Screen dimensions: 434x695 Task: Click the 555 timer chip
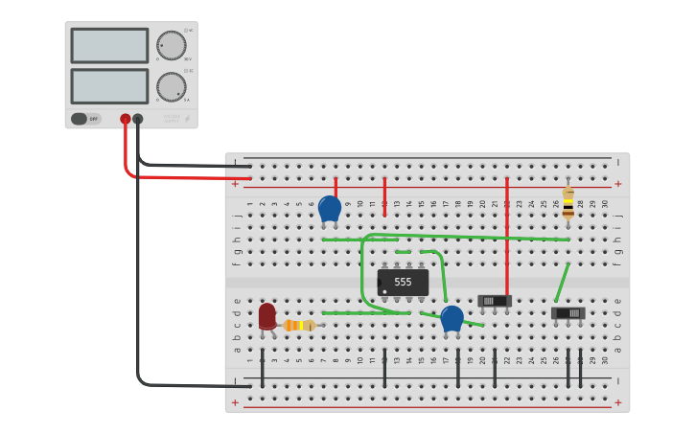(x=403, y=283)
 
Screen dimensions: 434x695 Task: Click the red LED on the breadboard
(x=266, y=315)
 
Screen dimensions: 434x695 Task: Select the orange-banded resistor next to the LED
(x=300, y=326)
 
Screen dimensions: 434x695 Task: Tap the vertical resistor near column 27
(x=568, y=202)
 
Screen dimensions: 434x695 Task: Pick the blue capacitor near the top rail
(x=330, y=208)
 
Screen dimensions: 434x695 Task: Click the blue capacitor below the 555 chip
(x=452, y=317)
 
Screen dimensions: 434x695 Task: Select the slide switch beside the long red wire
(x=495, y=301)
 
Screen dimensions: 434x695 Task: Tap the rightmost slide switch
(x=568, y=313)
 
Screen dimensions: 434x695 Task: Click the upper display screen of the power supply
(x=109, y=45)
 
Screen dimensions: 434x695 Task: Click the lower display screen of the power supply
(x=109, y=86)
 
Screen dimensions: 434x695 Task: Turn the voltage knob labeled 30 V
(x=172, y=45)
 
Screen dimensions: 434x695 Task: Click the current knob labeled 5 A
(x=172, y=86)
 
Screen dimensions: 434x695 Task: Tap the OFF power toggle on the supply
(x=84, y=119)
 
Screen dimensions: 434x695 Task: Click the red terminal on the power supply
(x=126, y=119)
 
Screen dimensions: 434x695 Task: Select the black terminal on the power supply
(x=138, y=119)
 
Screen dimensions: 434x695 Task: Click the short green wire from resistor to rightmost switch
(x=562, y=284)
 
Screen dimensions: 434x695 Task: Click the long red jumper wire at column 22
(x=507, y=230)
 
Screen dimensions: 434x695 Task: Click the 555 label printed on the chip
(x=403, y=283)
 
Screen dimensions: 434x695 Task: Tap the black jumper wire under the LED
(x=262, y=367)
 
